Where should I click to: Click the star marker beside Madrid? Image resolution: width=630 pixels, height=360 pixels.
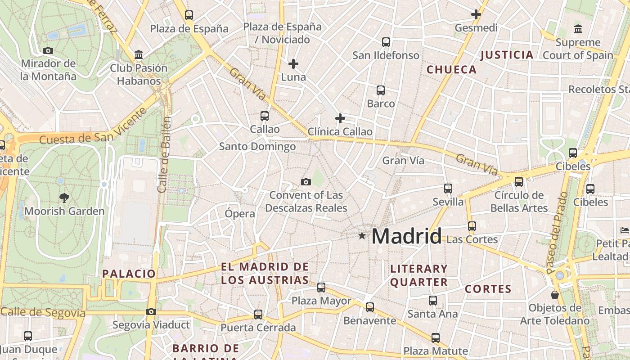[x=362, y=235]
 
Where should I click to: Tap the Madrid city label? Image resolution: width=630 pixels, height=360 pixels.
[x=407, y=236]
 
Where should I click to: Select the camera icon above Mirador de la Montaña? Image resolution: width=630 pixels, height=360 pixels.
[x=48, y=51]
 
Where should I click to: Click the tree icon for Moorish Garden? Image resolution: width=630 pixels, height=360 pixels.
[x=64, y=197]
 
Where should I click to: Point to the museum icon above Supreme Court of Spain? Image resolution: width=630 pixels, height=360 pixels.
[x=578, y=30]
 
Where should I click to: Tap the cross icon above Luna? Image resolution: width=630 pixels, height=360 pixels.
[x=293, y=64]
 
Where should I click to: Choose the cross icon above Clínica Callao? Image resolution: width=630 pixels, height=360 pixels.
[x=340, y=118]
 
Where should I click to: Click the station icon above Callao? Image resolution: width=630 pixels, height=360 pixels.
[x=265, y=116]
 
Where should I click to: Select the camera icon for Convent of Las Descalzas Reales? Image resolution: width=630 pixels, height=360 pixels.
[x=306, y=182]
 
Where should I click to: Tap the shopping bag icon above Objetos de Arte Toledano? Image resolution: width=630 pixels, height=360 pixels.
[x=555, y=295]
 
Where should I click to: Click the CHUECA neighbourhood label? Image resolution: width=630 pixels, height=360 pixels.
[x=451, y=70]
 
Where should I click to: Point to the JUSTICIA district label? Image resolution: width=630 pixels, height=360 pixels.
[x=507, y=55]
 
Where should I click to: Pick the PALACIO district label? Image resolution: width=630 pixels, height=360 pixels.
[x=129, y=274]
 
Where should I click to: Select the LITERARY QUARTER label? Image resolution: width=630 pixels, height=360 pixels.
[x=419, y=275]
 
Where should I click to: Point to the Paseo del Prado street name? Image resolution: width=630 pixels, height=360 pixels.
[x=558, y=233]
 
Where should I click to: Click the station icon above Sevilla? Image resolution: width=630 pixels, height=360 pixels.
[x=448, y=189]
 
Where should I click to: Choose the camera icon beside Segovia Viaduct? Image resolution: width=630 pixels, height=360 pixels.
[x=151, y=311]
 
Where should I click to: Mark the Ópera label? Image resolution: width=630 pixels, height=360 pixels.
[x=240, y=214]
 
